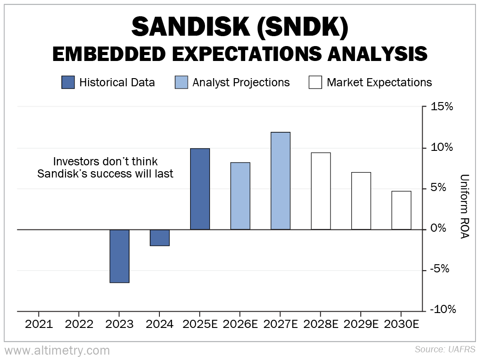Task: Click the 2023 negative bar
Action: (119, 256)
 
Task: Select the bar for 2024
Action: (159, 238)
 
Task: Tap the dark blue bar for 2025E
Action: (200, 189)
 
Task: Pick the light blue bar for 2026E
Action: (240, 196)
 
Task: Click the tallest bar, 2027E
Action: (280, 181)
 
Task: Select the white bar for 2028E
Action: (321, 191)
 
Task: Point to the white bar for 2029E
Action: (361, 201)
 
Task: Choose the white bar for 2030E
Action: (401, 210)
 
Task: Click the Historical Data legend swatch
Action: (68, 82)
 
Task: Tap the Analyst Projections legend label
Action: (241, 83)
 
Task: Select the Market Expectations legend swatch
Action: (315, 82)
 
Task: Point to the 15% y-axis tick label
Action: (442, 107)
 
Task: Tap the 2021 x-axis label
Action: (39, 324)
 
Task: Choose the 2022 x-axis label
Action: (79, 324)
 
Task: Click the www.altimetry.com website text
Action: (57, 350)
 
